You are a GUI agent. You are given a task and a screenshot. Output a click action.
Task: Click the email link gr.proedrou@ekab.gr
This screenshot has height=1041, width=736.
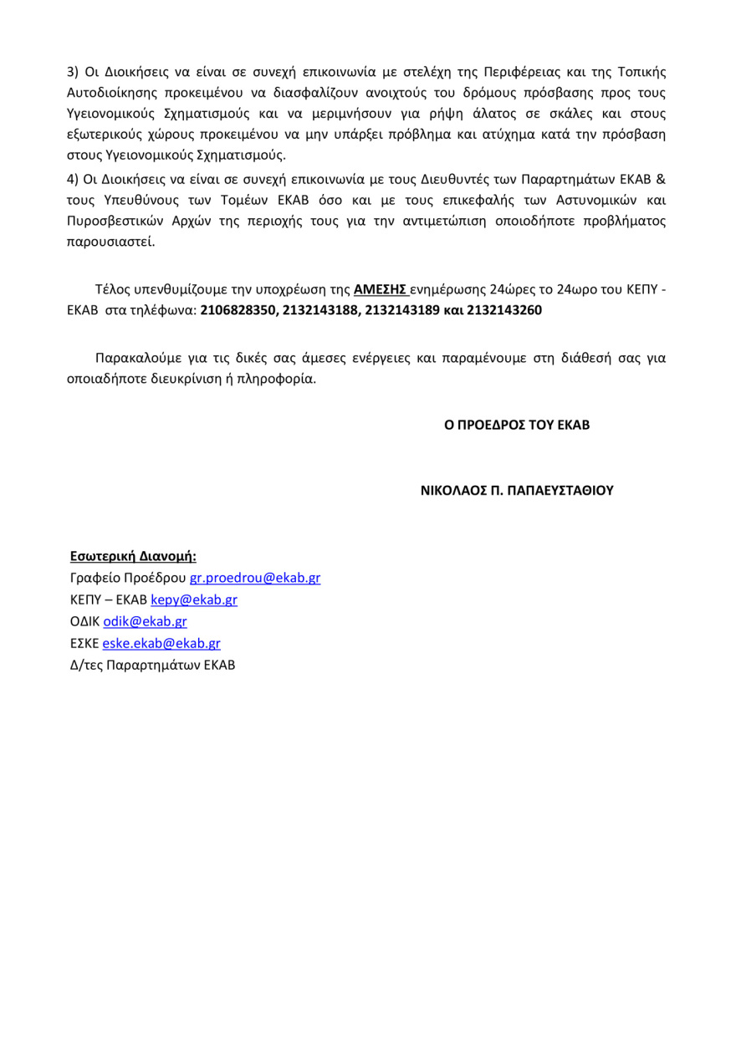coord(255,578)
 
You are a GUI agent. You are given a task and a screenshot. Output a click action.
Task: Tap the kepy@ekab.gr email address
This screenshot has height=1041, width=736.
coord(194,600)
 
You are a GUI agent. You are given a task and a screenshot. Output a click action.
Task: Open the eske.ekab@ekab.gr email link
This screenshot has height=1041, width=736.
coord(161,643)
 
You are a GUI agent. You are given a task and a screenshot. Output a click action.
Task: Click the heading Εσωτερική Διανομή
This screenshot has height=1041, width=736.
coord(133,556)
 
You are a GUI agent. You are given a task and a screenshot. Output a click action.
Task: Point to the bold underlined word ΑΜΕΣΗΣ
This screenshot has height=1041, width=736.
coord(381,289)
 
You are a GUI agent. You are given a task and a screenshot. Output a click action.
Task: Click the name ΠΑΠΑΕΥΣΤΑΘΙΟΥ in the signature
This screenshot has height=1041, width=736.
coord(556,490)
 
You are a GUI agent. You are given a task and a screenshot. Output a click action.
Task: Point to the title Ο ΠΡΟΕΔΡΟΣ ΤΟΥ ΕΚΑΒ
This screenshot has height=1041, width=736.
coord(517,425)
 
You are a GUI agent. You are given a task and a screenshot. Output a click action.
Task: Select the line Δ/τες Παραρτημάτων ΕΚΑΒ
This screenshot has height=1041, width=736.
coord(152,666)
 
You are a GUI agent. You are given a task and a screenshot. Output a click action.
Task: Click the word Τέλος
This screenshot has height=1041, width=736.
coord(114,289)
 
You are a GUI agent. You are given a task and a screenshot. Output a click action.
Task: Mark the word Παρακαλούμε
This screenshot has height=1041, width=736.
coord(135,358)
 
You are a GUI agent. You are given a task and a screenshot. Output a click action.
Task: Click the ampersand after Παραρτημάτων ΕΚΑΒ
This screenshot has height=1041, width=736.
coord(661,179)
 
